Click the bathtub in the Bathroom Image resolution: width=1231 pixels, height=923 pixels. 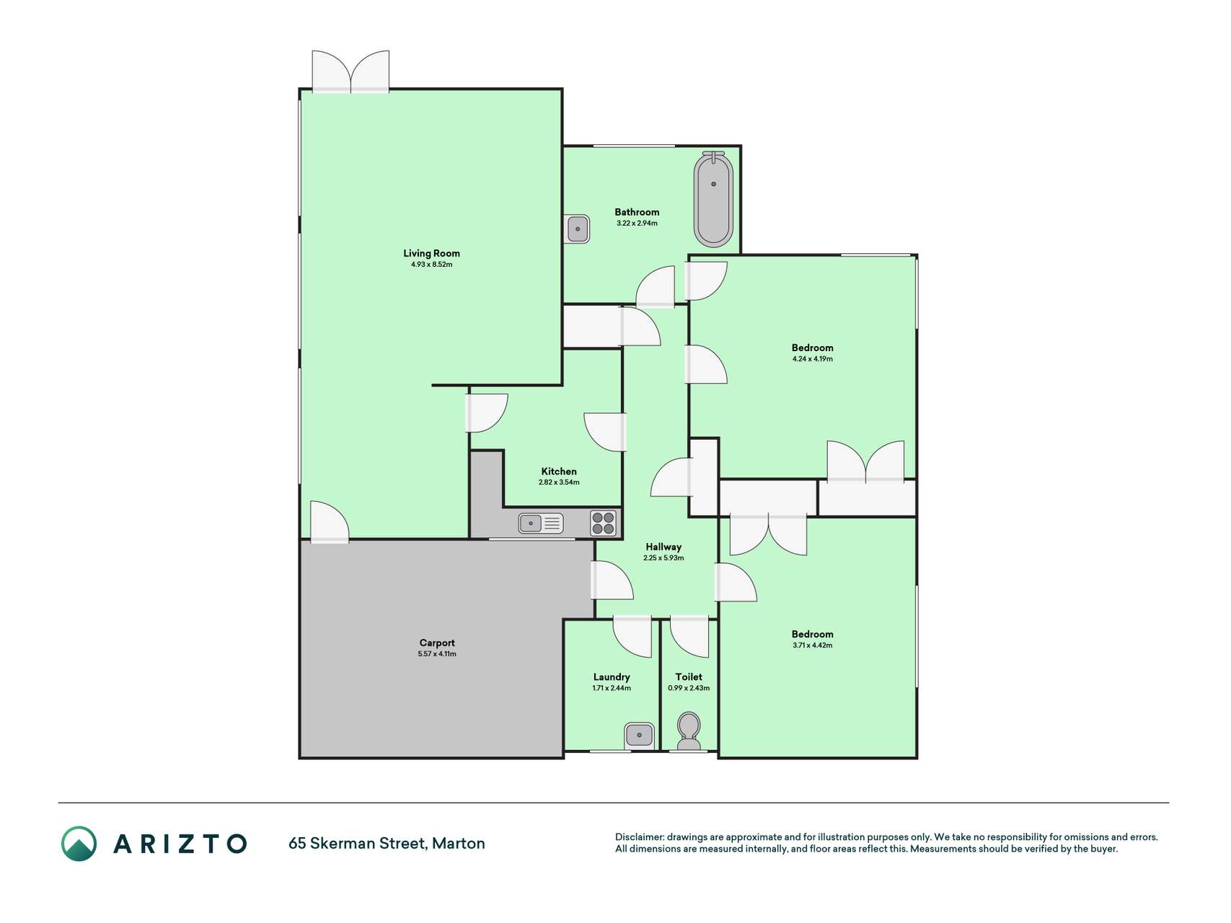coord(713,199)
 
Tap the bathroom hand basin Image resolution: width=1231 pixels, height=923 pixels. coord(578,229)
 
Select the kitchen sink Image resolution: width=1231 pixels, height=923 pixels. coord(541,523)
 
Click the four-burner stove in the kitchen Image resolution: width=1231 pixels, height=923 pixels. coord(604,523)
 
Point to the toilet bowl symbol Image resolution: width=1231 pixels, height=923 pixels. coord(689,731)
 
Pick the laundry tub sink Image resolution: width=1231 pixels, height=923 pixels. coord(639,736)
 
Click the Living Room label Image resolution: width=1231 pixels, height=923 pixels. coord(431,253)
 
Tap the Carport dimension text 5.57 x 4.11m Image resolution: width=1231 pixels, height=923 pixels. coord(437,654)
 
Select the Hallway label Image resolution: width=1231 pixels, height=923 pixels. coord(663,547)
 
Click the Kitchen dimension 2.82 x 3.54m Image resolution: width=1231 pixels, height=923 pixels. coord(559,482)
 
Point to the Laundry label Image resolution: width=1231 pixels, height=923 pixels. coord(612,677)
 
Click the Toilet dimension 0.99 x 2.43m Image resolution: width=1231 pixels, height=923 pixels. coord(689,688)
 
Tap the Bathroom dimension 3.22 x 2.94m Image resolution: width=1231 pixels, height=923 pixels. coord(637,224)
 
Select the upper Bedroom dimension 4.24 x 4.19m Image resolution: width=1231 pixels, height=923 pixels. coord(813,359)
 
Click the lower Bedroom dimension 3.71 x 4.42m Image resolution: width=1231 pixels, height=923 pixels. coord(813,645)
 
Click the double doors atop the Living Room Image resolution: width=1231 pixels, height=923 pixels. coord(350,72)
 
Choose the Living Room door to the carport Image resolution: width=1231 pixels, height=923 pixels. coord(330,521)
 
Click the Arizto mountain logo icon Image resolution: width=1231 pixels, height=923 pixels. coord(79,844)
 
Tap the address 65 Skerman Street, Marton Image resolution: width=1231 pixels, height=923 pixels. coord(387,843)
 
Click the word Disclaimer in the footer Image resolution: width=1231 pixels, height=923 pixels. coord(640,837)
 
